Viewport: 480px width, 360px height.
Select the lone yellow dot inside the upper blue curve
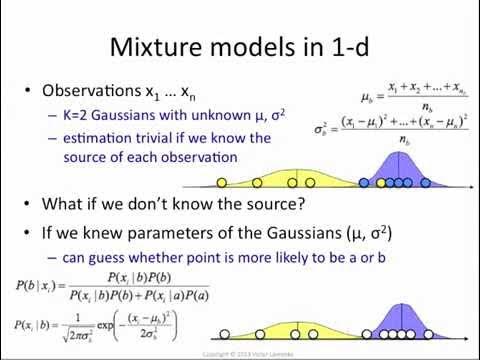click(381, 183)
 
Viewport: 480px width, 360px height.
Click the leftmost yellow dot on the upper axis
click(219, 183)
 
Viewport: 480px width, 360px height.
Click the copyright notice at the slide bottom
click(239, 353)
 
